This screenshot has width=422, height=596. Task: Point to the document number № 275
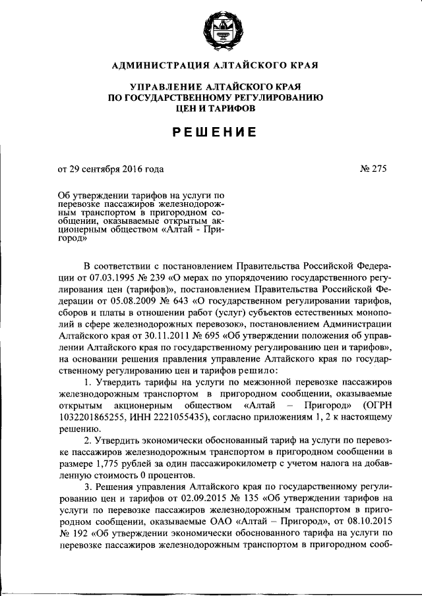click(x=373, y=169)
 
